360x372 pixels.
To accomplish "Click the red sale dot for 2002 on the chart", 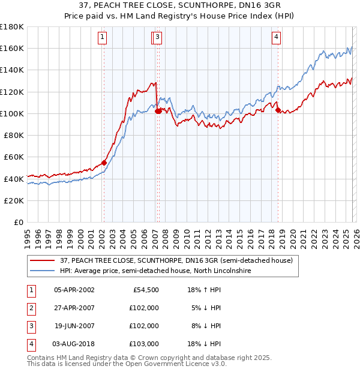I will coord(104,162).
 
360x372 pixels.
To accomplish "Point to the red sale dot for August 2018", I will coord(277,110).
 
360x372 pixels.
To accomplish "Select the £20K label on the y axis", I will coord(14,200).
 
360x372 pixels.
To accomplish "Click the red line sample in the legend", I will coord(42,260).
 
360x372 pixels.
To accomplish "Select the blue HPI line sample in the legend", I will coord(42,271).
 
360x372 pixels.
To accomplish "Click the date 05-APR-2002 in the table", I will coord(74,290).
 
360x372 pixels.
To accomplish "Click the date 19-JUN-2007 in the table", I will coord(74,326).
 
